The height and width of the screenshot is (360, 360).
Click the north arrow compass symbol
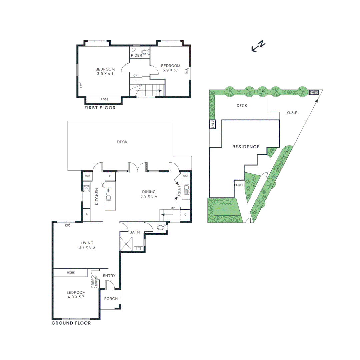pos(258,47)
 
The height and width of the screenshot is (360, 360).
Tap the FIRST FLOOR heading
pos(100,108)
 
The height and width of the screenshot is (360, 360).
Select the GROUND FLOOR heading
pos(71,323)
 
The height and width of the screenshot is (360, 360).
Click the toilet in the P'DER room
pos(145,52)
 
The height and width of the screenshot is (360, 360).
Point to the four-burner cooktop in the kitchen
pos(86,189)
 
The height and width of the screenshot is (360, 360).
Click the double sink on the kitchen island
pos(109,194)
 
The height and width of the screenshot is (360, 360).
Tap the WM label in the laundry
pos(185,176)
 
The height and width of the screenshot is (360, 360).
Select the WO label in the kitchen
pos(88,176)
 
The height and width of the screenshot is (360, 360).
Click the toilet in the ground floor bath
pos(161,228)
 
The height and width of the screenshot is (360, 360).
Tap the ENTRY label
pos(109,276)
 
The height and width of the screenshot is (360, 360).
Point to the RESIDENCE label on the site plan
pos(246,147)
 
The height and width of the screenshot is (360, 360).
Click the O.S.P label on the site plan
pos(292,113)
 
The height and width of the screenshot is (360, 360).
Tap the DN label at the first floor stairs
pos(135,76)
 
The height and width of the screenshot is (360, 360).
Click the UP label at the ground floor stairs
pos(172,208)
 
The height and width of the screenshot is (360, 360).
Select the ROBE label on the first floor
pos(104,99)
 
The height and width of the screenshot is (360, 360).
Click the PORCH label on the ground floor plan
pos(111,299)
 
